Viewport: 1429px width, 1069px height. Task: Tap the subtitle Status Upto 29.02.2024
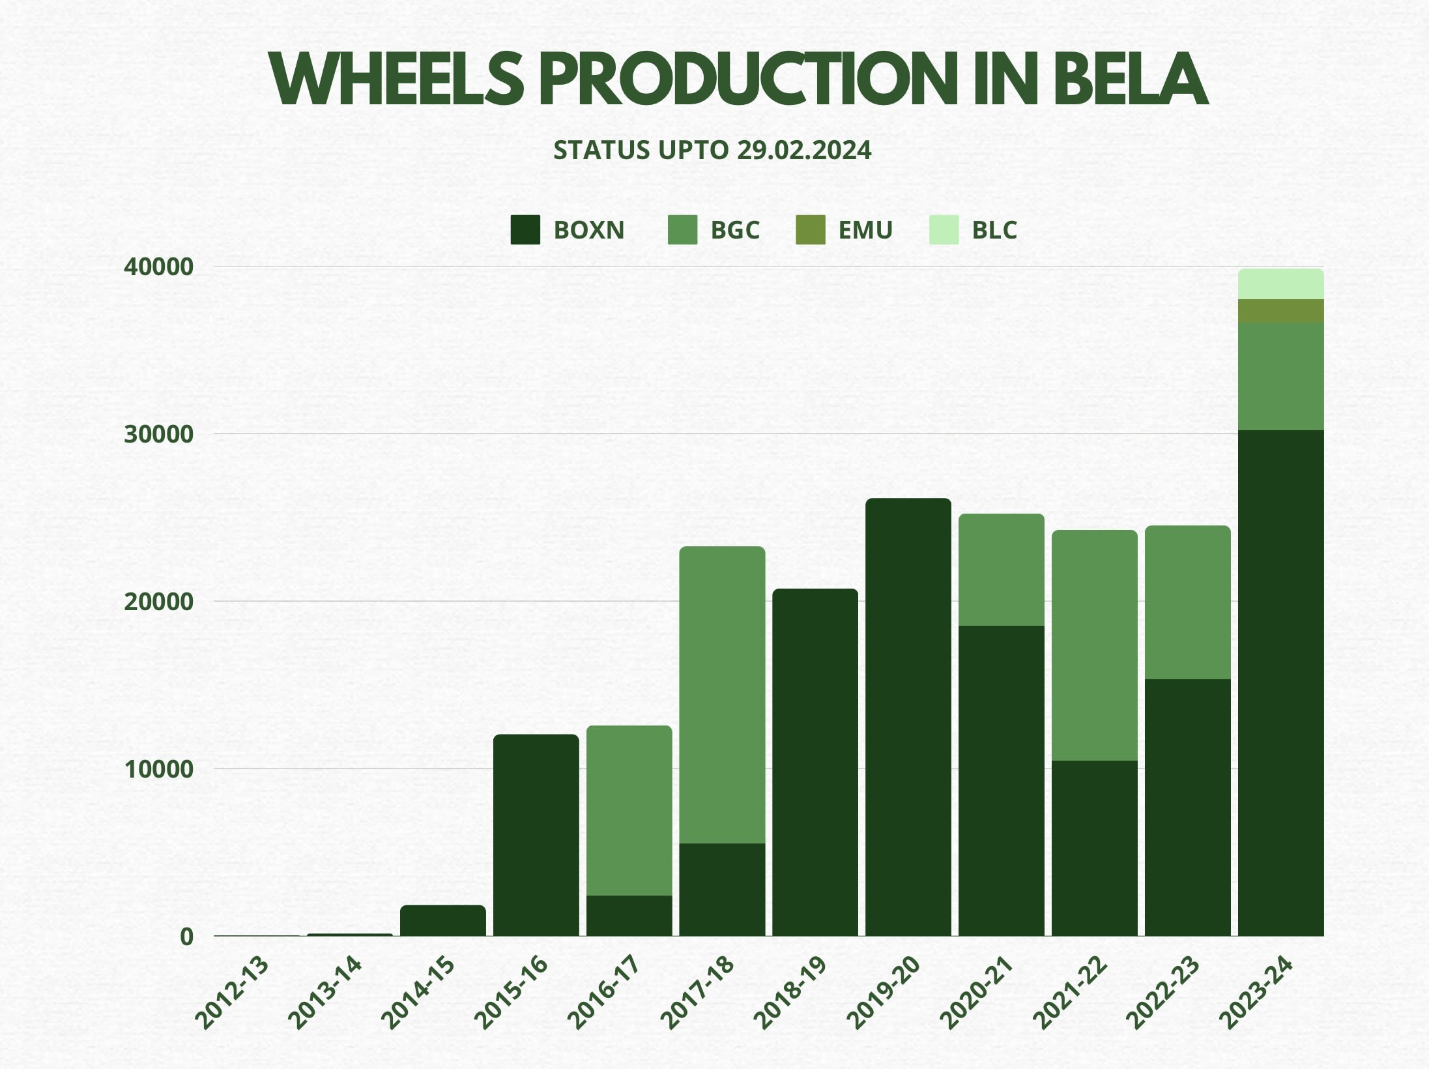712,151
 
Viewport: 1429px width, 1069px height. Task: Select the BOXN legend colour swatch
525,230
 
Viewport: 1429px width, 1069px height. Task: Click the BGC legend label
734,230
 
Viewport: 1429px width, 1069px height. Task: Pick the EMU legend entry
844,230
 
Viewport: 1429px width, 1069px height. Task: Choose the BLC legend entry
974,230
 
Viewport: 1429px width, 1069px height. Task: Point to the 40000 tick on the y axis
158,267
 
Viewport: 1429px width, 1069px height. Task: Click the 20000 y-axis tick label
158,602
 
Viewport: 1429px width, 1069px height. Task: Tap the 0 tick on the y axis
186,937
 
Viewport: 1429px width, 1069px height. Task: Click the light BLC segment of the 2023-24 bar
1280,284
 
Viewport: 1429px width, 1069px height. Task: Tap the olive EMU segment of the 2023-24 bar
1280,311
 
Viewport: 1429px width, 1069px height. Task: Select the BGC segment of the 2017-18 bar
722,694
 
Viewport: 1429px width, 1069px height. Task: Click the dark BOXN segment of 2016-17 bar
629,916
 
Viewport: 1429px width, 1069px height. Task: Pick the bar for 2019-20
908,717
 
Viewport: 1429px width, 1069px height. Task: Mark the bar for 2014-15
442,920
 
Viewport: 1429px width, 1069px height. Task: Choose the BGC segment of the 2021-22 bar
1095,645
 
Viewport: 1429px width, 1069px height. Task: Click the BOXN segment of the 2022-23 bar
1188,808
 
